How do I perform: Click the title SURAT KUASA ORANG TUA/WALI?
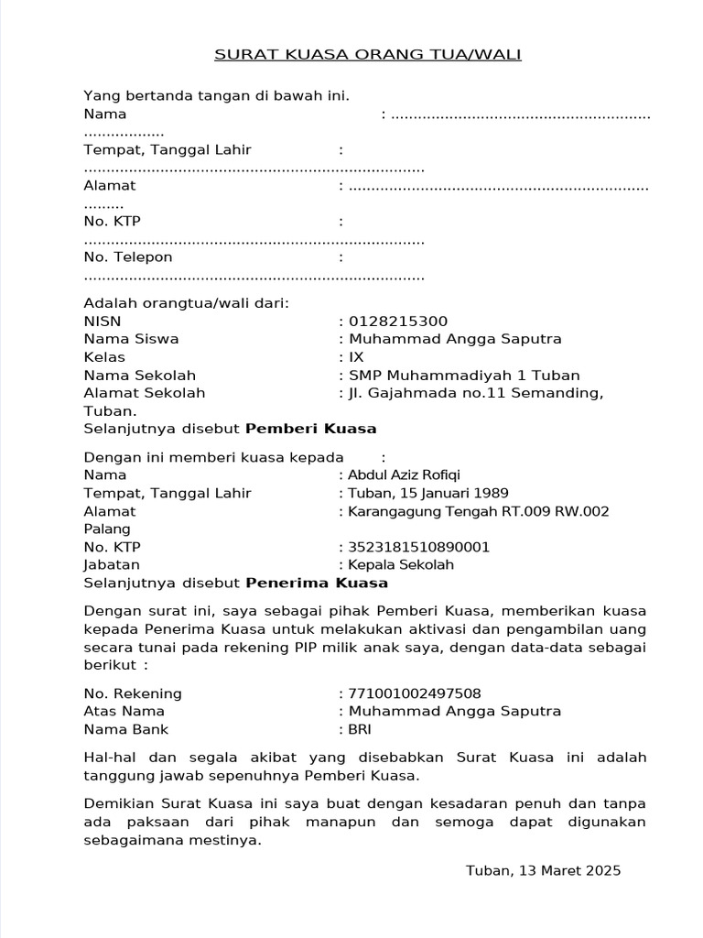(367, 55)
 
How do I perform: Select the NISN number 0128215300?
(398, 322)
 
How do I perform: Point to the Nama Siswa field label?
(131, 339)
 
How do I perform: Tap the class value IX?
(356, 357)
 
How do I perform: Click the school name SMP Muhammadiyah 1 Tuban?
(464, 376)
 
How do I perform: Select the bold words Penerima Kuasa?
(317, 584)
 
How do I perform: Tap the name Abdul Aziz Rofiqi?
(405, 475)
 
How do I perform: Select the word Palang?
(107, 529)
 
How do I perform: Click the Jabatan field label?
(112, 565)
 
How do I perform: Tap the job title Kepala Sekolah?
(401, 565)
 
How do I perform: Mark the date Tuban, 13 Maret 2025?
(543, 870)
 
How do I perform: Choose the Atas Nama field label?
(124, 712)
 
